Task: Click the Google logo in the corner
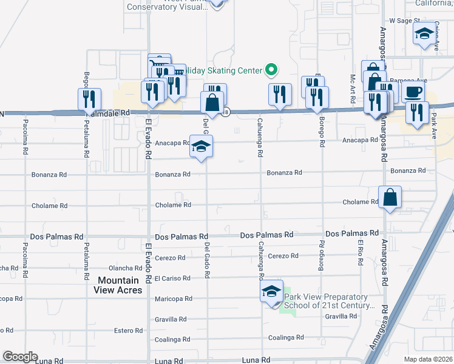[19, 357]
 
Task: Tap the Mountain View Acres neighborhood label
[118, 285]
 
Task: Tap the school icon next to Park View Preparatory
[272, 292]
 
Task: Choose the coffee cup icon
[413, 92]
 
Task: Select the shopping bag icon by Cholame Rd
[389, 197]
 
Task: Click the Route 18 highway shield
[226, 112]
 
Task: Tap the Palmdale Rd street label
[108, 113]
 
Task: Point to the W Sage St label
[405, 21]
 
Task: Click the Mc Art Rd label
[353, 87]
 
